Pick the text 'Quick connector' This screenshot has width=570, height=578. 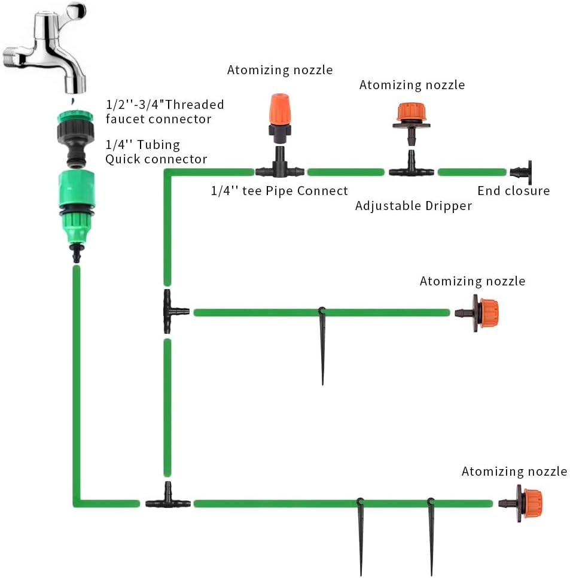click(x=156, y=159)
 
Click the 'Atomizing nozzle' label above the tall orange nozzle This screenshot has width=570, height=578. click(x=279, y=70)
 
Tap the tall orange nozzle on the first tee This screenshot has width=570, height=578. click(x=279, y=111)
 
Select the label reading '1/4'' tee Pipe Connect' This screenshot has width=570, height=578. click(x=279, y=191)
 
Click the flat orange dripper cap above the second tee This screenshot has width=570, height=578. click(x=412, y=112)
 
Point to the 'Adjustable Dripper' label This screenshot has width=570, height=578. click(x=413, y=206)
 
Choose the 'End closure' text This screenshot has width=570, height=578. click(x=513, y=191)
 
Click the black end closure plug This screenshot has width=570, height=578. click(x=523, y=172)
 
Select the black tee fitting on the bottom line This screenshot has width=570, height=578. click(x=168, y=501)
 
